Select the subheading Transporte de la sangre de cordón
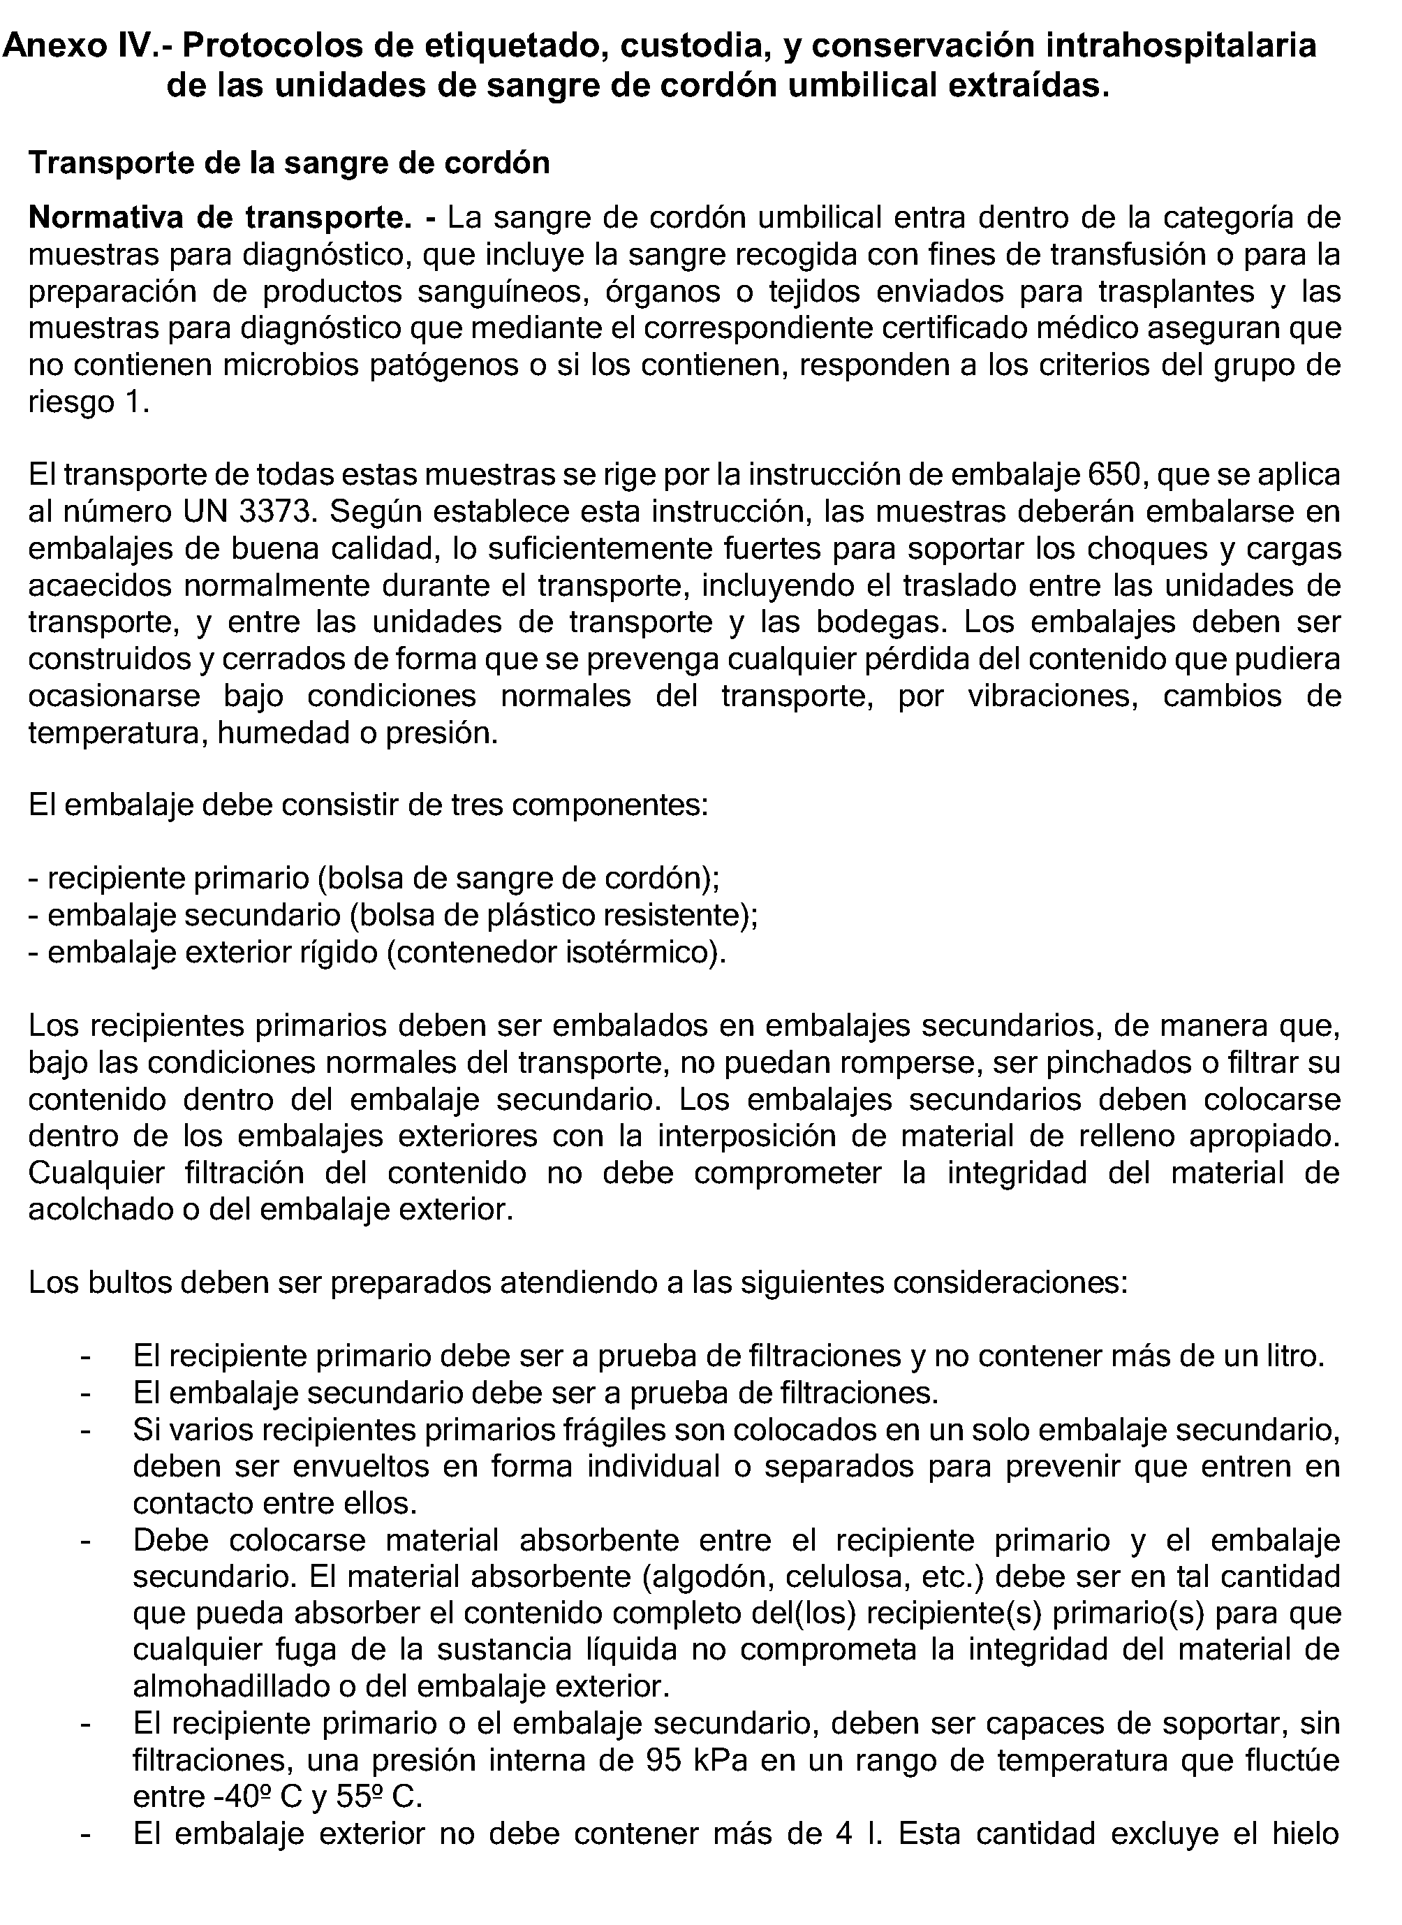[x=289, y=162]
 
